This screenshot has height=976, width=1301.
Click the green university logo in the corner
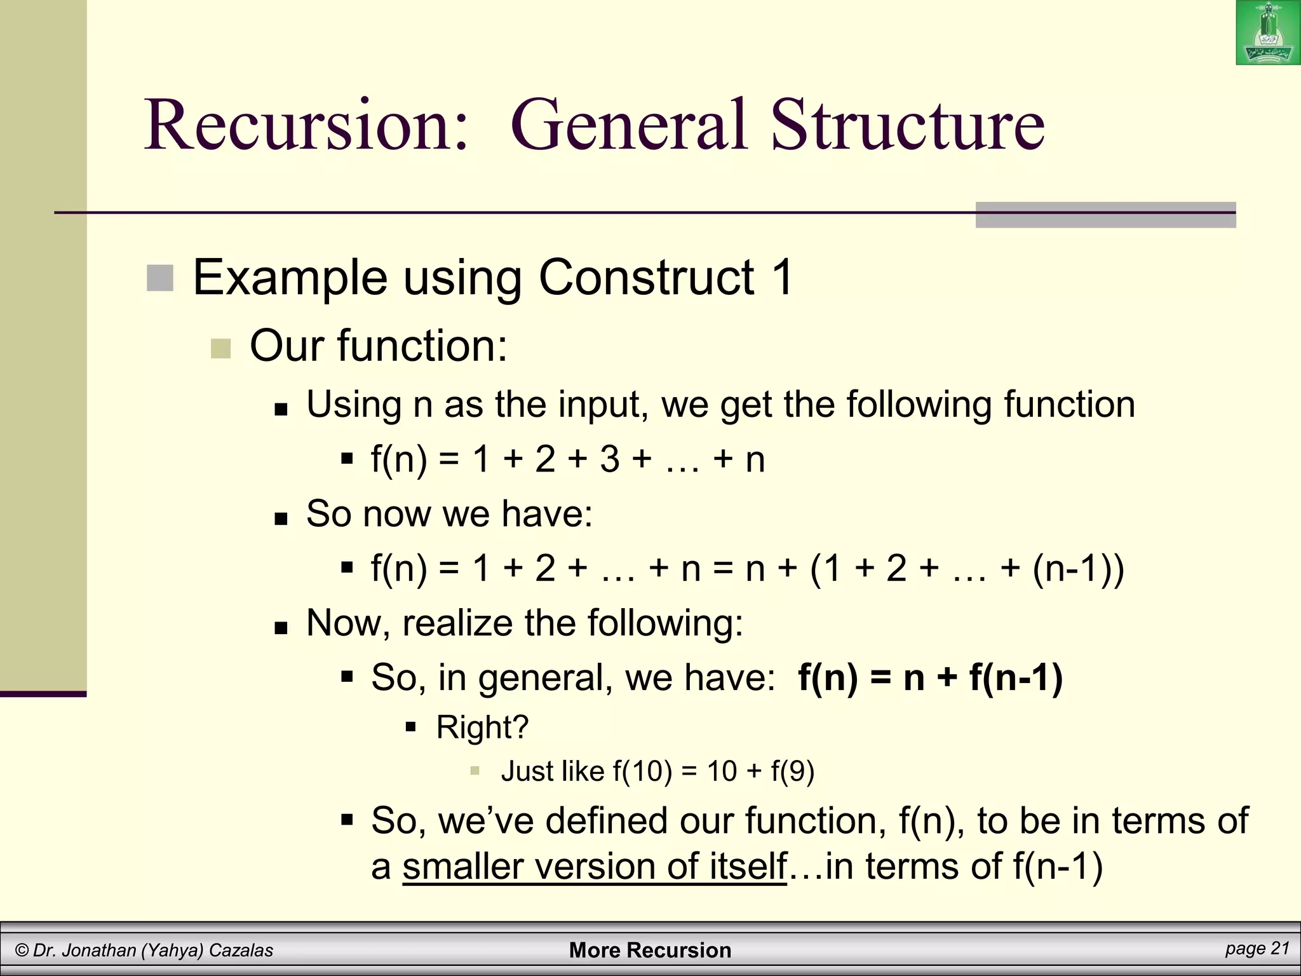click(1268, 32)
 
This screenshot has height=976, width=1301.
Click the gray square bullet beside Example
click(160, 278)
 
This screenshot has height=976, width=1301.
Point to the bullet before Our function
click(220, 348)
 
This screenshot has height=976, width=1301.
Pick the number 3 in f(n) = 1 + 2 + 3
click(609, 459)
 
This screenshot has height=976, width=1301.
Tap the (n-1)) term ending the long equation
click(1078, 568)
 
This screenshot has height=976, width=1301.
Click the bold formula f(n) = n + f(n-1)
click(930, 677)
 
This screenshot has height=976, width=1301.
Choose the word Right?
click(482, 727)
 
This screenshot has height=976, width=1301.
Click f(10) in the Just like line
click(642, 771)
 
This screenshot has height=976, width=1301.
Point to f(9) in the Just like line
click(792, 771)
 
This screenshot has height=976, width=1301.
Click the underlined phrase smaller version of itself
click(595, 867)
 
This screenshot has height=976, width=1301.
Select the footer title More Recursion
click(650, 950)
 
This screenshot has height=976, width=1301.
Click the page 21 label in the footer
click(1257, 948)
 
